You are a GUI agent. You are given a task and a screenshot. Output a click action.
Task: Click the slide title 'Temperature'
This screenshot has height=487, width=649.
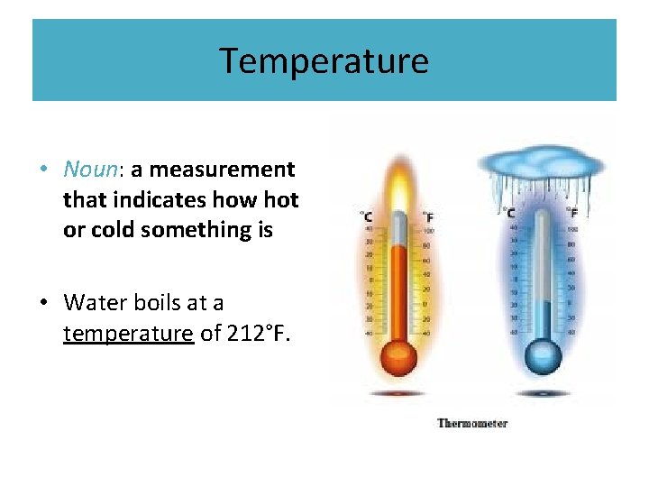click(324, 61)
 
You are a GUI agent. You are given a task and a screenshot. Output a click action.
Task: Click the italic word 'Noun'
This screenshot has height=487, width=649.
click(87, 170)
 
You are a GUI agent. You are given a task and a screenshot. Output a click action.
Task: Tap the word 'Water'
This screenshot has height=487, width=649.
click(94, 302)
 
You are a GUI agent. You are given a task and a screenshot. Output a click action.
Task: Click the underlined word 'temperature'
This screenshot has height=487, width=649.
click(128, 334)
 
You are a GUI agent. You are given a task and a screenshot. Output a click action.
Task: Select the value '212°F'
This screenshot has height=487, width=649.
click(259, 334)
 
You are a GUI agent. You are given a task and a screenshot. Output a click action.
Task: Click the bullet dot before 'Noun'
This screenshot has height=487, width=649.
click(43, 170)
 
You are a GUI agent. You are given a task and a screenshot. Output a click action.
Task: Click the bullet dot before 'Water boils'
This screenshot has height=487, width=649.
click(43, 303)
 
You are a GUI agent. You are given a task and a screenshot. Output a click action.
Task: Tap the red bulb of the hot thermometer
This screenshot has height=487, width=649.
click(397, 356)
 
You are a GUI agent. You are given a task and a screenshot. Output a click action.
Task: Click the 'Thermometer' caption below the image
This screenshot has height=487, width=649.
click(472, 423)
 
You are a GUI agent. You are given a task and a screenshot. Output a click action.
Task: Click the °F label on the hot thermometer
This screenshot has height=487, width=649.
click(427, 216)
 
